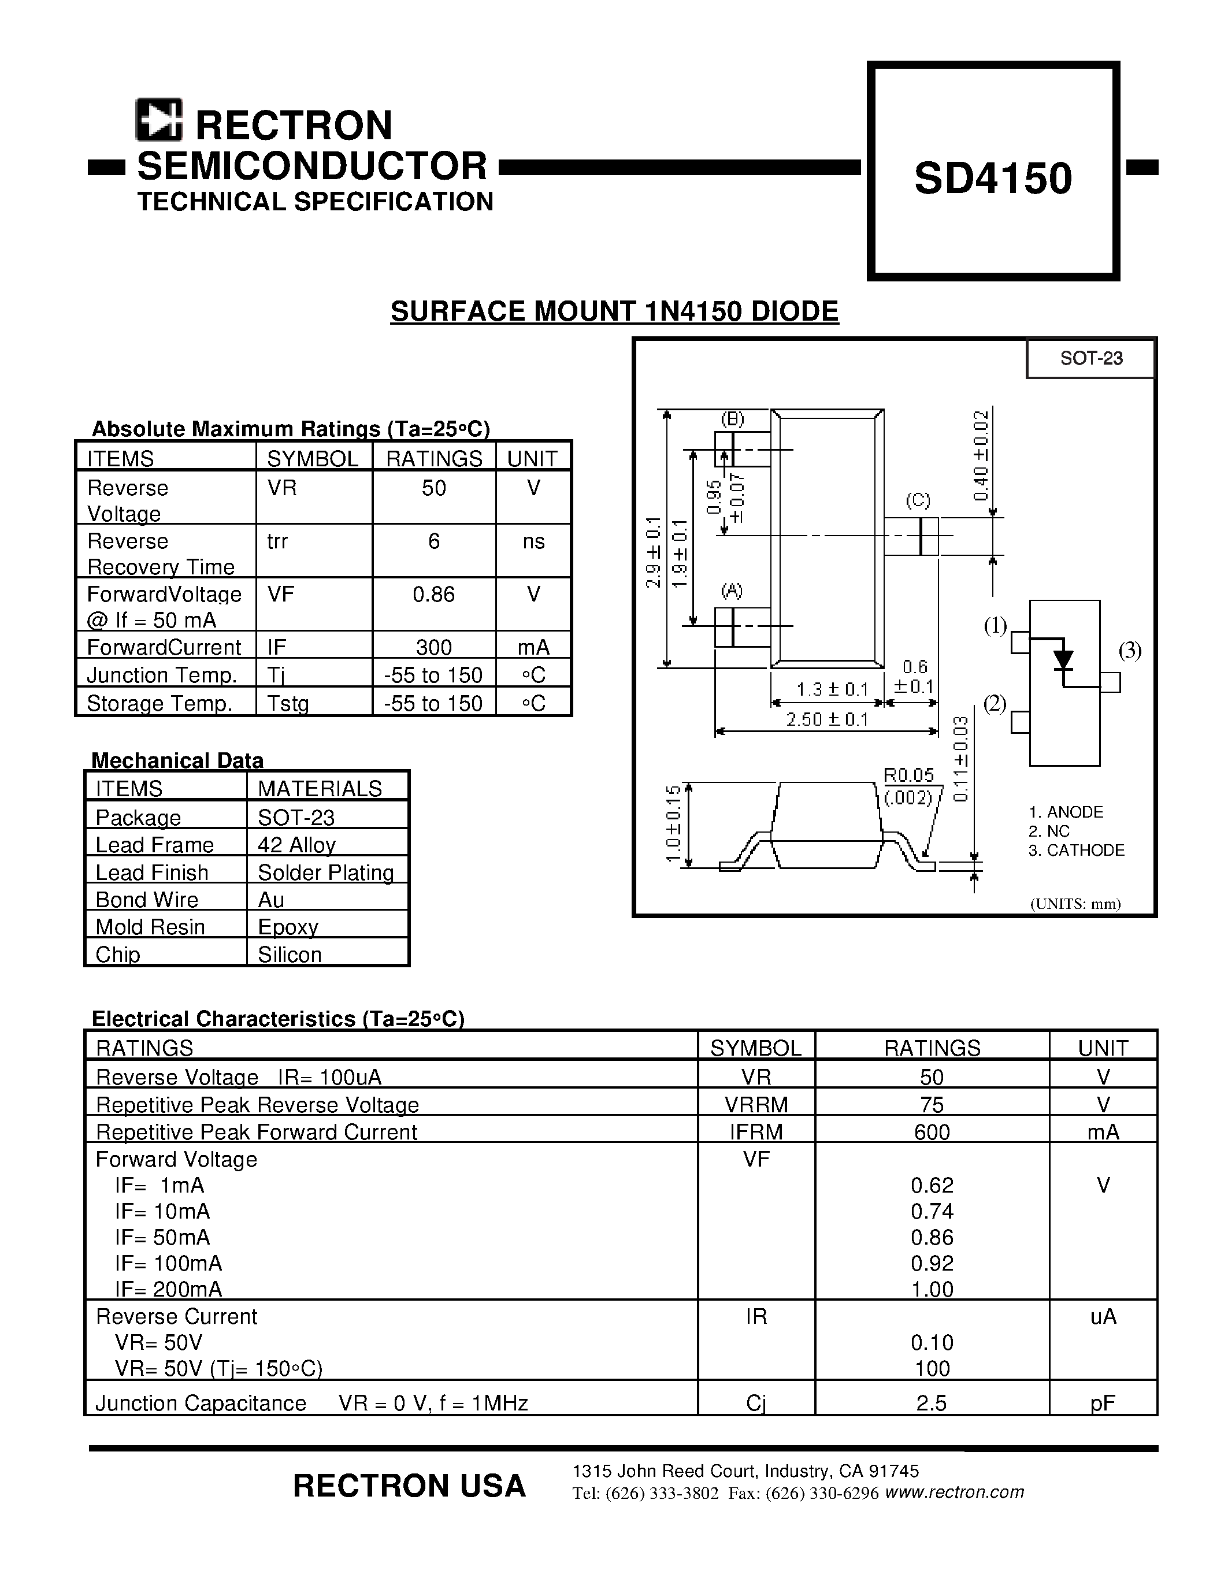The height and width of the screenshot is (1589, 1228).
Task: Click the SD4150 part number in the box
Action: tap(993, 178)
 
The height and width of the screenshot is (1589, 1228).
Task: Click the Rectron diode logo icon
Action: tap(158, 120)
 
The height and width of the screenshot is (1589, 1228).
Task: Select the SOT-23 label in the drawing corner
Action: tap(1090, 358)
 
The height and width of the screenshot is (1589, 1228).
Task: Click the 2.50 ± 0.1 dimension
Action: tap(827, 719)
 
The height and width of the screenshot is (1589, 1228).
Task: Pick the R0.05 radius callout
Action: tap(908, 775)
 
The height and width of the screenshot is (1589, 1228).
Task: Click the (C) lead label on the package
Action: tap(918, 500)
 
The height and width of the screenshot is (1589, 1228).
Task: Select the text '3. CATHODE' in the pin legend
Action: tap(1076, 850)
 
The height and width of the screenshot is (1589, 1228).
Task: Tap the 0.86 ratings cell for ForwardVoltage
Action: tap(433, 595)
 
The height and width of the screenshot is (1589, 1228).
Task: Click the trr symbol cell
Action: tap(277, 541)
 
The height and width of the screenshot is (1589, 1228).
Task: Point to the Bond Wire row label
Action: tap(146, 900)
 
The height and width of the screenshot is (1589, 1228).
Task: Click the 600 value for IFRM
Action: tap(932, 1132)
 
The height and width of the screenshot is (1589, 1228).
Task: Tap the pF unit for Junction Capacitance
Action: tap(1103, 1403)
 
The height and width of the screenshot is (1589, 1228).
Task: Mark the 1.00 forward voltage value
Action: tap(932, 1289)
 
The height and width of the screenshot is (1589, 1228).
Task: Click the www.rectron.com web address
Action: tap(955, 1493)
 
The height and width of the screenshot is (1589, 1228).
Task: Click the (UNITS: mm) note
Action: tap(1075, 904)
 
